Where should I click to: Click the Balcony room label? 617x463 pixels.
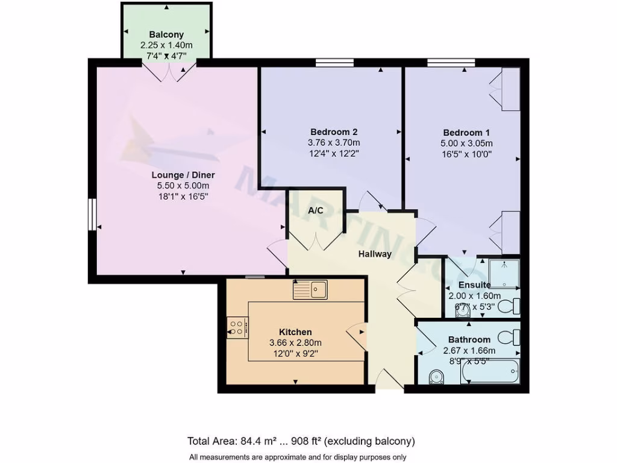click(166, 35)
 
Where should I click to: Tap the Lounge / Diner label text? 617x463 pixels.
click(183, 175)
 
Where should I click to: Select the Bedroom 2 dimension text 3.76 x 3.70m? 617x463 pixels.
click(334, 143)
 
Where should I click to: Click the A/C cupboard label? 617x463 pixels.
click(316, 210)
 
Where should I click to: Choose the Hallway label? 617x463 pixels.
click(375, 254)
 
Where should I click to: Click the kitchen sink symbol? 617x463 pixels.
click(310, 290)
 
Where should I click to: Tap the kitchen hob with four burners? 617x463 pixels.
click(237, 326)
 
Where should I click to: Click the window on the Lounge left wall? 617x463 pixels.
click(92, 215)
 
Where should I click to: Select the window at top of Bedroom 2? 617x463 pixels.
click(334, 62)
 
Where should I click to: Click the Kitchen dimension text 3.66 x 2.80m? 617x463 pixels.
click(296, 343)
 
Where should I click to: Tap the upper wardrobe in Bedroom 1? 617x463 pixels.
click(510, 89)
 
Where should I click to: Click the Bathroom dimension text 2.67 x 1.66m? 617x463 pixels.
click(469, 350)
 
